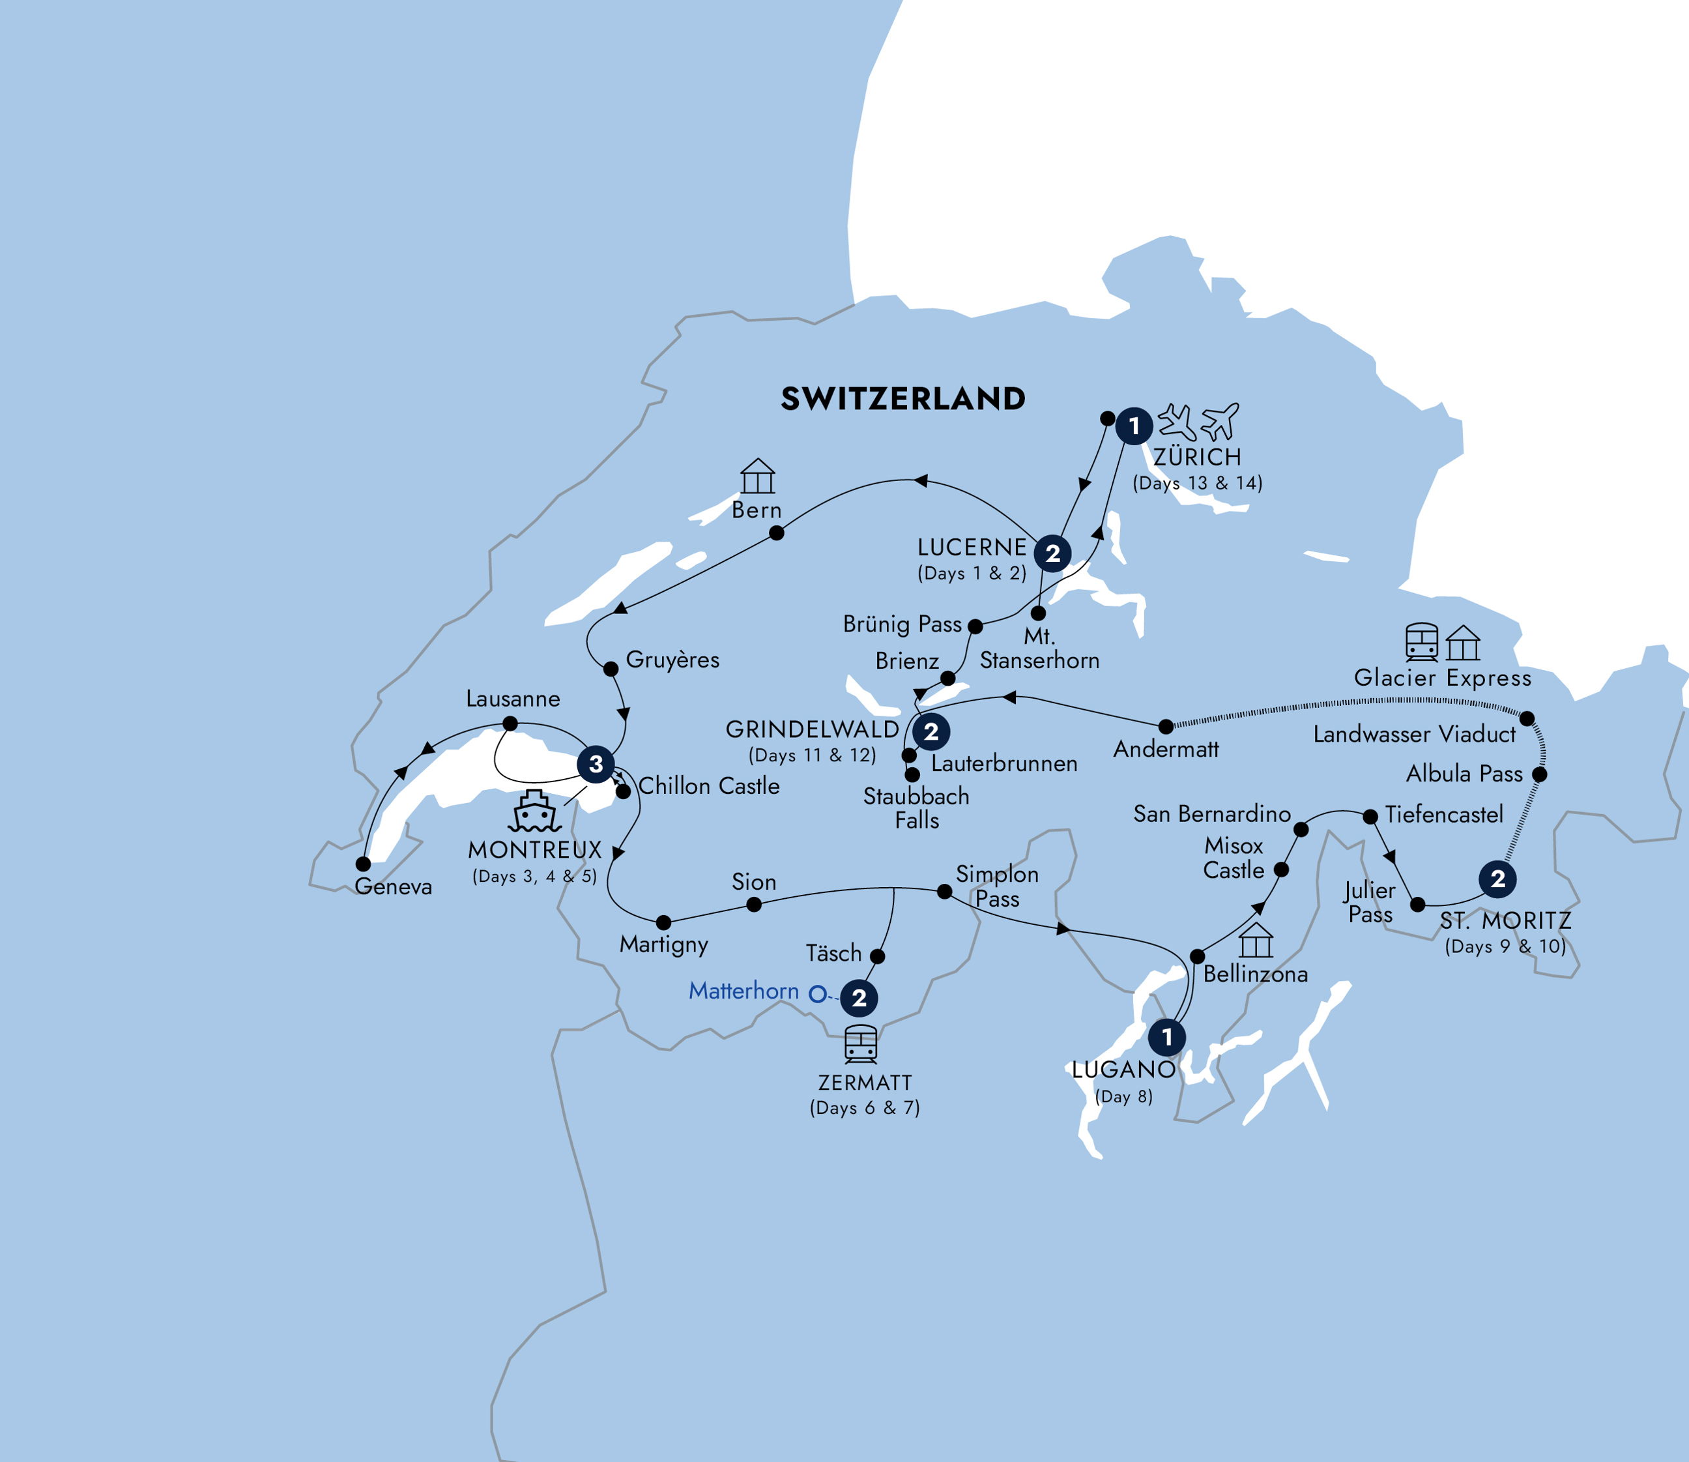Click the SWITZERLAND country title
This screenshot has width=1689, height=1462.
pyautogui.click(x=902, y=398)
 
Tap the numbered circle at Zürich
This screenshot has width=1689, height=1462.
pyautogui.click(x=1134, y=425)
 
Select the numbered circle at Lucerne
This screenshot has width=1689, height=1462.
pyautogui.click(x=1052, y=553)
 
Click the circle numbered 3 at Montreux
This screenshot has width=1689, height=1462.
pyautogui.click(x=596, y=764)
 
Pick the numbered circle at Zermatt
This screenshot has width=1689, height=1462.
pyautogui.click(x=859, y=997)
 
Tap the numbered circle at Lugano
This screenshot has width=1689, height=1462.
pyautogui.click(x=1167, y=1037)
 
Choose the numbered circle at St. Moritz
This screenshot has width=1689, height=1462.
pyautogui.click(x=1497, y=879)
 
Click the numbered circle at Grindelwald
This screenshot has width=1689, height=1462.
pyautogui.click(x=931, y=731)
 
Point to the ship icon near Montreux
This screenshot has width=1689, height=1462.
pyautogui.click(x=535, y=811)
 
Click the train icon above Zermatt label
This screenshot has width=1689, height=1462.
pyautogui.click(x=860, y=1044)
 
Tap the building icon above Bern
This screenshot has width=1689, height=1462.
pyautogui.click(x=758, y=476)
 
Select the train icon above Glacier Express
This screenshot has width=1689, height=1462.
pyautogui.click(x=1421, y=642)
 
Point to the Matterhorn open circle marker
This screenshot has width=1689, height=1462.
pyautogui.click(x=817, y=994)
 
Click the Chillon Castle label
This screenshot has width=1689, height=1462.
pyautogui.click(x=709, y=785)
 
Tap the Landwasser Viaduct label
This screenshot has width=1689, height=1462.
pyautogui.click(x=1414, y=735)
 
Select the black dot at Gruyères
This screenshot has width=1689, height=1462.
pyautogui.click(x=610, y=669)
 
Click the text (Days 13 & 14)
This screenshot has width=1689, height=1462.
pyautogui.click(x=1197, y=483)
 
